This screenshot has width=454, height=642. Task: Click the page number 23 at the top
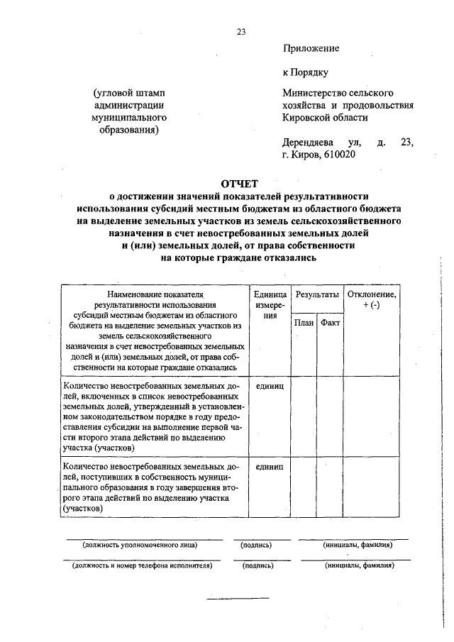click(x=241, y=31)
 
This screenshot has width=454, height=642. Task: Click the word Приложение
click(x=311, y=48)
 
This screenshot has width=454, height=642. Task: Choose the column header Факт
click(x=330, y=323)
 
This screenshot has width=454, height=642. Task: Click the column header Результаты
click(x=316, y=293)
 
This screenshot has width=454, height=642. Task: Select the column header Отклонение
click(x=371, y=293)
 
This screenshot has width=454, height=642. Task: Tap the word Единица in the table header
click(x=269, y=293)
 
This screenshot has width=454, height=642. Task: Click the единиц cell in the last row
click(x=269, y=467)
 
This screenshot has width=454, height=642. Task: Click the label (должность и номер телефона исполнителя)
click(x=139, y=566)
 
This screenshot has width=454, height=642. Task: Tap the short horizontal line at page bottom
click(x=238, y=597)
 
